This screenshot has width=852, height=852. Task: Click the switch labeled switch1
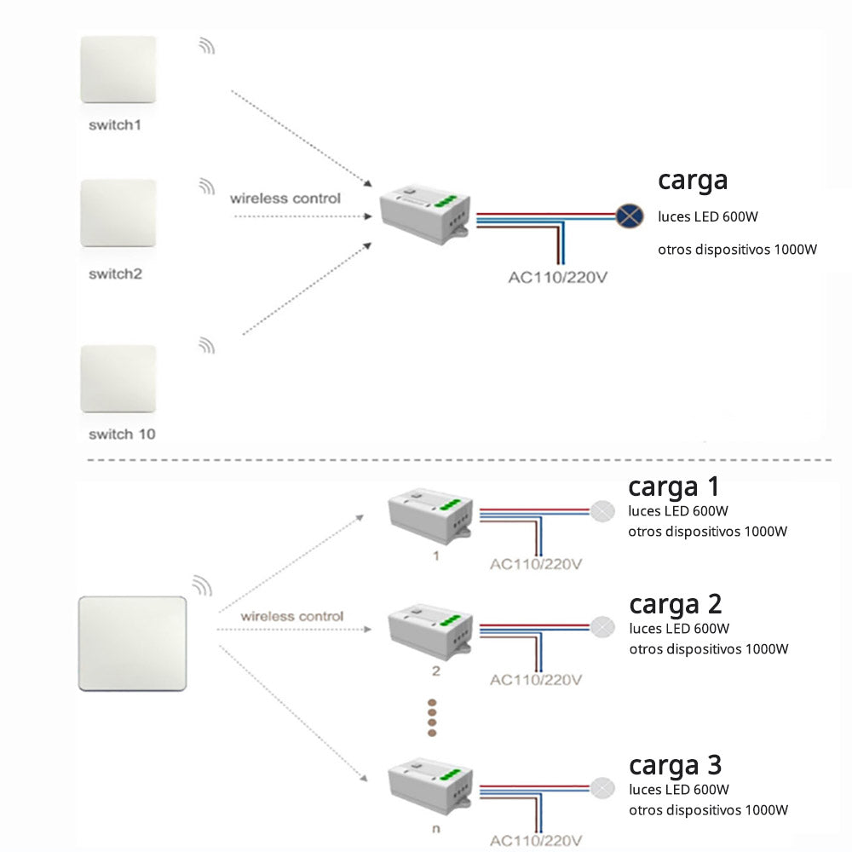click(118, 70)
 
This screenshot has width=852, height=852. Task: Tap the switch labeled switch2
click(118, 213)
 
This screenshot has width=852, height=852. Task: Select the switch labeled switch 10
click(118, 378)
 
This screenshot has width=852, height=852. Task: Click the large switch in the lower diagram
click(132, 643)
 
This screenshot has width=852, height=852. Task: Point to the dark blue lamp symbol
click(630, 216)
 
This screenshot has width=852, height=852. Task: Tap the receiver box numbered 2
click(430, 632)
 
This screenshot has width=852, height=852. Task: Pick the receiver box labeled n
click(430, 788)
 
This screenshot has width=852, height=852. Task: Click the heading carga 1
click(673, 486)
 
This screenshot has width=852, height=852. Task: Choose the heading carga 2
click(675, 604)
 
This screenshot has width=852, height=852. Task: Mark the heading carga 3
click(675, 764)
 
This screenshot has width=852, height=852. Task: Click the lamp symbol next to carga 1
click(602, 511)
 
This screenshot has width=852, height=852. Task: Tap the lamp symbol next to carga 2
click(602, 627)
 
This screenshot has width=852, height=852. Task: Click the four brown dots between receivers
click(431, 717)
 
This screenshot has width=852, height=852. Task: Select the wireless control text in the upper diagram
click(285, 199)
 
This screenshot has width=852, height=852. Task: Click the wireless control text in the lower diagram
click(291, 616)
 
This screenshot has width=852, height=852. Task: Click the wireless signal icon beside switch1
click(207, 46)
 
